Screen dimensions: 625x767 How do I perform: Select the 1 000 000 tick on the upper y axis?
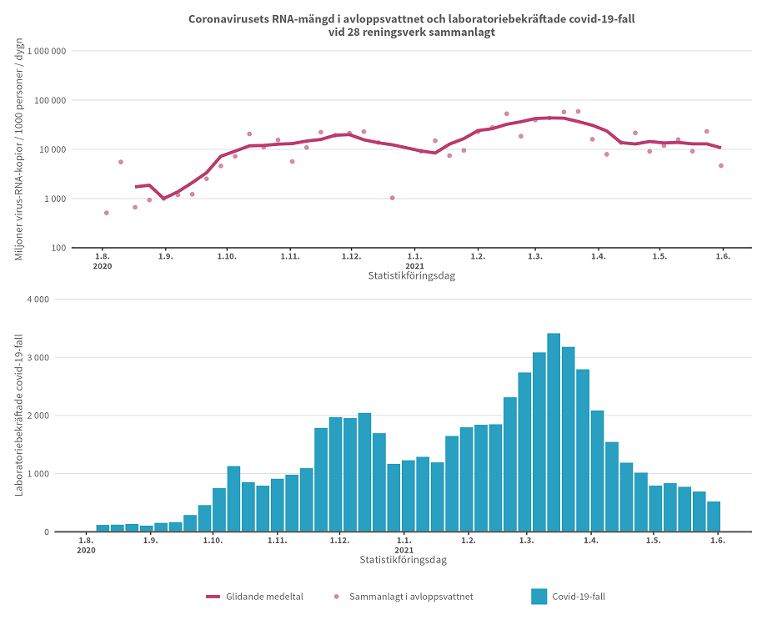47,52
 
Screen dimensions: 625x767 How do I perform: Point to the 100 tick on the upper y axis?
58,248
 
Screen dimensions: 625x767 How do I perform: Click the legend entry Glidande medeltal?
254,597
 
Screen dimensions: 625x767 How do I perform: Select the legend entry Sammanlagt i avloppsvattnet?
404,597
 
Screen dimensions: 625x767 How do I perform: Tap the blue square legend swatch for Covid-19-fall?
539,597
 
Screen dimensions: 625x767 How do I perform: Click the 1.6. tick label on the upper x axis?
722,256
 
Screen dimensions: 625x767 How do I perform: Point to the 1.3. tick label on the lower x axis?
527,541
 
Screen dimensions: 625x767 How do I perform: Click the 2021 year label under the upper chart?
414,266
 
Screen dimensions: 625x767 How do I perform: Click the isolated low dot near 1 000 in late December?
392,198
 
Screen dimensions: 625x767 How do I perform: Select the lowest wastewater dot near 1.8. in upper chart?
106,213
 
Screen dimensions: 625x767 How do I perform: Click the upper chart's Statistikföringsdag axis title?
411,275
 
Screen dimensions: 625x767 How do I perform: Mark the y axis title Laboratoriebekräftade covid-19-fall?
19,415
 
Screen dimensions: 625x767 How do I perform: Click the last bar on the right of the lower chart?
714,517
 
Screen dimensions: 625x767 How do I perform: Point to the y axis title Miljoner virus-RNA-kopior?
19,149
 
